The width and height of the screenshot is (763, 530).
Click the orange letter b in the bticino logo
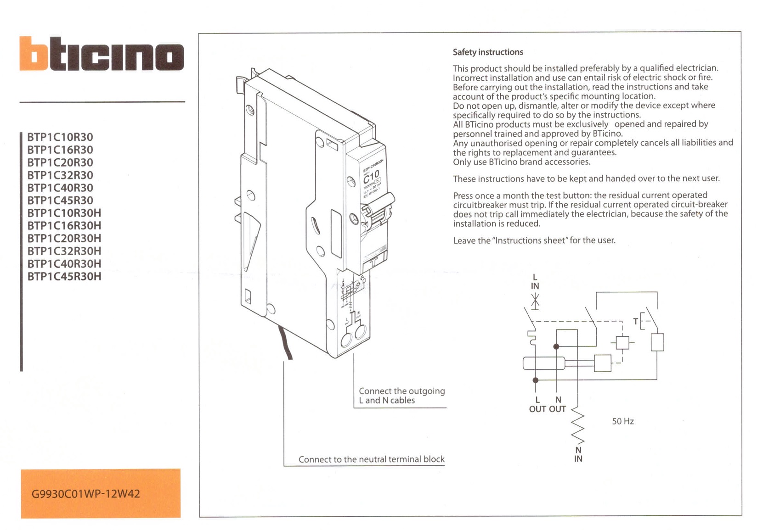34,54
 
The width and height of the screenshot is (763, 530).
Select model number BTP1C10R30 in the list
60,137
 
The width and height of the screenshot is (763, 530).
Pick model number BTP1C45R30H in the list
64,276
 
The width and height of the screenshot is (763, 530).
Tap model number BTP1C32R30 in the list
60,175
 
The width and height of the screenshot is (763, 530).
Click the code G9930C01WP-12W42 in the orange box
85,494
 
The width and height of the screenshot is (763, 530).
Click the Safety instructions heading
487,52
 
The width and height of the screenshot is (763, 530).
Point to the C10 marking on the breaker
371,175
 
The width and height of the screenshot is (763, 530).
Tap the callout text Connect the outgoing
401,391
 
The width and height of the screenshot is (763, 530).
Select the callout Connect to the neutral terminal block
371,459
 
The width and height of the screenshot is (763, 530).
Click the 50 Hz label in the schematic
622,421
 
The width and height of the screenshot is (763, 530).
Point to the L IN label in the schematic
535,282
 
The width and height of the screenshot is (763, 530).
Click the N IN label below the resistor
578,454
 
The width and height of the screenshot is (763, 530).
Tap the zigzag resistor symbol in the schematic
577,425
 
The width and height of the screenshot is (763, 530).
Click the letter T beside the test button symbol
635,321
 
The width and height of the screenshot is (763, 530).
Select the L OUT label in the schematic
537,404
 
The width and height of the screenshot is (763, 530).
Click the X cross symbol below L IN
535,301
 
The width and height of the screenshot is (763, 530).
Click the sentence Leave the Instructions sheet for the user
534,240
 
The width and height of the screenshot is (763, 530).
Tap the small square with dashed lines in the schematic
622,342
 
